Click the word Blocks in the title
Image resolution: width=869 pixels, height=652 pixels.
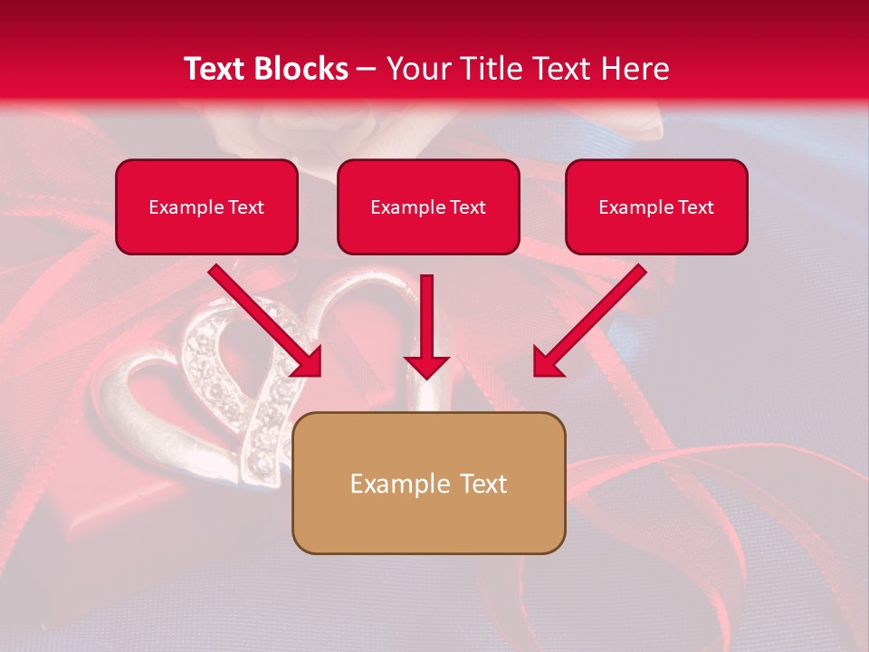pos(302,69)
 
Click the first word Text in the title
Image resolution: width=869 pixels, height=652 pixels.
pos(216,69)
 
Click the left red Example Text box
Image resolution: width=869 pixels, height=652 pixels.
pos(206,206)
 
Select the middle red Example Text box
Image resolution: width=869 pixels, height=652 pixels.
pos(428,206)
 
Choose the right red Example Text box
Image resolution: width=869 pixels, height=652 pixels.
pos(656,206)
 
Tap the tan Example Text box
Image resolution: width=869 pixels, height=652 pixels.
pos(428,483)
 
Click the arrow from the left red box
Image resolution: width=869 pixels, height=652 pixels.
pos(267,321)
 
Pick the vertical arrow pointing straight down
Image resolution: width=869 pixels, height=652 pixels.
pos(426,326)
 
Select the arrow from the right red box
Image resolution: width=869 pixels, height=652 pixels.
pos(588,321)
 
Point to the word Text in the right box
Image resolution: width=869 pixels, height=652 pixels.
pos(695,207)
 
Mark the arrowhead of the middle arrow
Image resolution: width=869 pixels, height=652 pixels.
pos(426,365)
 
